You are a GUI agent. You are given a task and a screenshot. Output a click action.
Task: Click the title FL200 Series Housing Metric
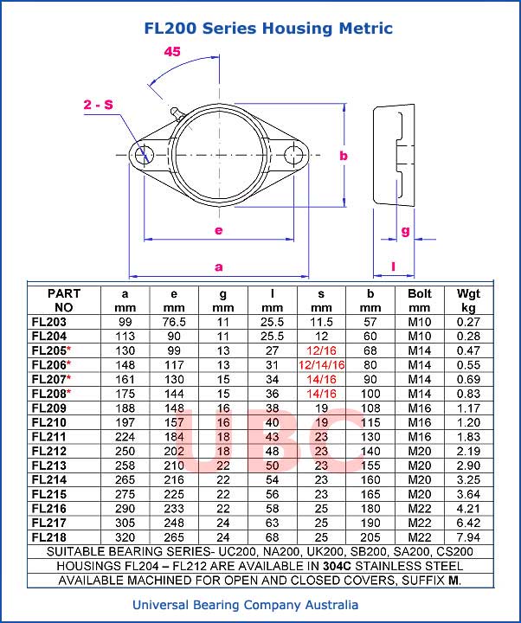(x=268, y=29)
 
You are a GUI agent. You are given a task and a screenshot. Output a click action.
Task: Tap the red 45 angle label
(x=172, y=51)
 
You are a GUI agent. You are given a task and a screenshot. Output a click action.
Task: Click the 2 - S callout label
(x=98, y=105)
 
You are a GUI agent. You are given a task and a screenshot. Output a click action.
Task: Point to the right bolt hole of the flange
(x=297, y=155)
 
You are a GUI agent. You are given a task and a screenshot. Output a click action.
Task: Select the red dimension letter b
(x=344, y=156)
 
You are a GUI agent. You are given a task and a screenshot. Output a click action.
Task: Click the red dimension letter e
(x=218, y=230)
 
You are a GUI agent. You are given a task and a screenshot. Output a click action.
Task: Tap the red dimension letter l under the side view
(x=393, y=267)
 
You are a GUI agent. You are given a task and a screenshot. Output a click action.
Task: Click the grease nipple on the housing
(x=175, y=111)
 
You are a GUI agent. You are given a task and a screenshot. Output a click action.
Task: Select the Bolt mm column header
(x=419, y=300)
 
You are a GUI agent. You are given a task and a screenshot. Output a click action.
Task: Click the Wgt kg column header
(x=468, y=300)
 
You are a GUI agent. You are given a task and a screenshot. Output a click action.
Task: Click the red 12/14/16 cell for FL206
(x=321, y=365)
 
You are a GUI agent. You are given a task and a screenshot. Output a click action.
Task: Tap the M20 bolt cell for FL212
(x=419, y=450)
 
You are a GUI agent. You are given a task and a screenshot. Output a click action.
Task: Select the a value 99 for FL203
(x=125, y=322)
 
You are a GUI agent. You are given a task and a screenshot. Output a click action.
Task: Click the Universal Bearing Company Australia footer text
(x=245, y=605)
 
